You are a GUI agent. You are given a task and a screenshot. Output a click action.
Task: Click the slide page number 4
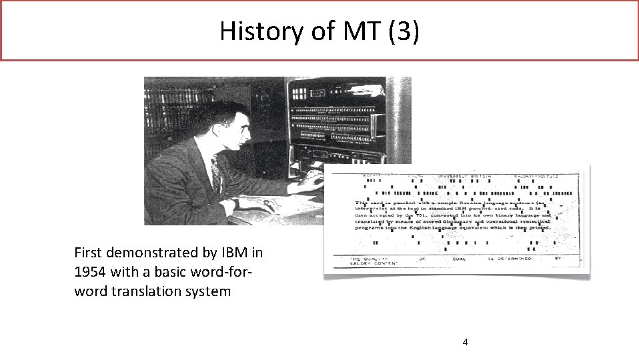(x=465, y=342)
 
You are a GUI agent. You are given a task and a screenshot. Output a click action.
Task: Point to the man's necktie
(x=215, y=172)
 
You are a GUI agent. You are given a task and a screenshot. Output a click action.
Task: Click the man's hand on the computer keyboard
(x=311, y=179)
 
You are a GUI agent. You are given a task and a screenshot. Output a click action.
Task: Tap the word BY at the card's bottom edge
(x=558, y=258)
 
